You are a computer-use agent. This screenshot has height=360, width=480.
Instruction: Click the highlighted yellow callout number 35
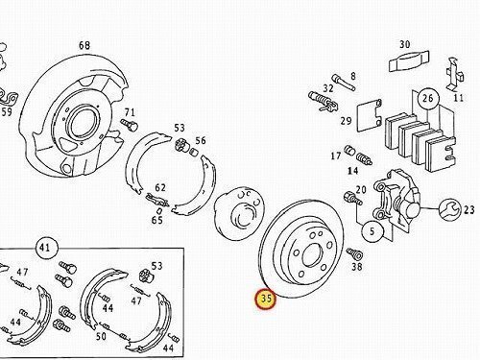coord(266,300)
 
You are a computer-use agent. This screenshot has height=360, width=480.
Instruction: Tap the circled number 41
coord(45,248)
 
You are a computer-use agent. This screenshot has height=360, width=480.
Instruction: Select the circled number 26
coord(428,98)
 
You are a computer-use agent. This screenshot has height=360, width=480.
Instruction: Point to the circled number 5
coord(372,231)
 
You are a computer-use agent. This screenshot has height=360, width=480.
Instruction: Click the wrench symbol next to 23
coord(448,210)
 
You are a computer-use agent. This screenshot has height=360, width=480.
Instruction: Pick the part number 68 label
coord(84,45)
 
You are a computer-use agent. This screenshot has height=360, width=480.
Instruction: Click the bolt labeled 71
coord(130,125)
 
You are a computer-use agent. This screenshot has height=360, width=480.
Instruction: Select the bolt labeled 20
coord(352,198)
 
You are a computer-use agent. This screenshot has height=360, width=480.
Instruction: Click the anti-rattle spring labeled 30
coord(409,61)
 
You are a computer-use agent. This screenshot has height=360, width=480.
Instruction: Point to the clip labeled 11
coord(455,75)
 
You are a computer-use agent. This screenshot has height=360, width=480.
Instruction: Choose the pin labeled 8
coord(343,83)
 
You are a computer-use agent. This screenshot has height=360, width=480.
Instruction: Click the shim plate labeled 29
coord(370,116)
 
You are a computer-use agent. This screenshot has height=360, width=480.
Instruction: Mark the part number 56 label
coord(201,141)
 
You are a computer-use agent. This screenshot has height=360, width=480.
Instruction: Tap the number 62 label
coord(160,187)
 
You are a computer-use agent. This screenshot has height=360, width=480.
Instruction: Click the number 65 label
coord(157,220)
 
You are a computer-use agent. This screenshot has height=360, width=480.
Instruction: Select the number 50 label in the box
coord(101,336)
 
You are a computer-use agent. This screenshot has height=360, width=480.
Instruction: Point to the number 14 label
coord(352,171)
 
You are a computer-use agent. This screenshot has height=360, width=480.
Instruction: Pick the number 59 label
coord(7,112)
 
